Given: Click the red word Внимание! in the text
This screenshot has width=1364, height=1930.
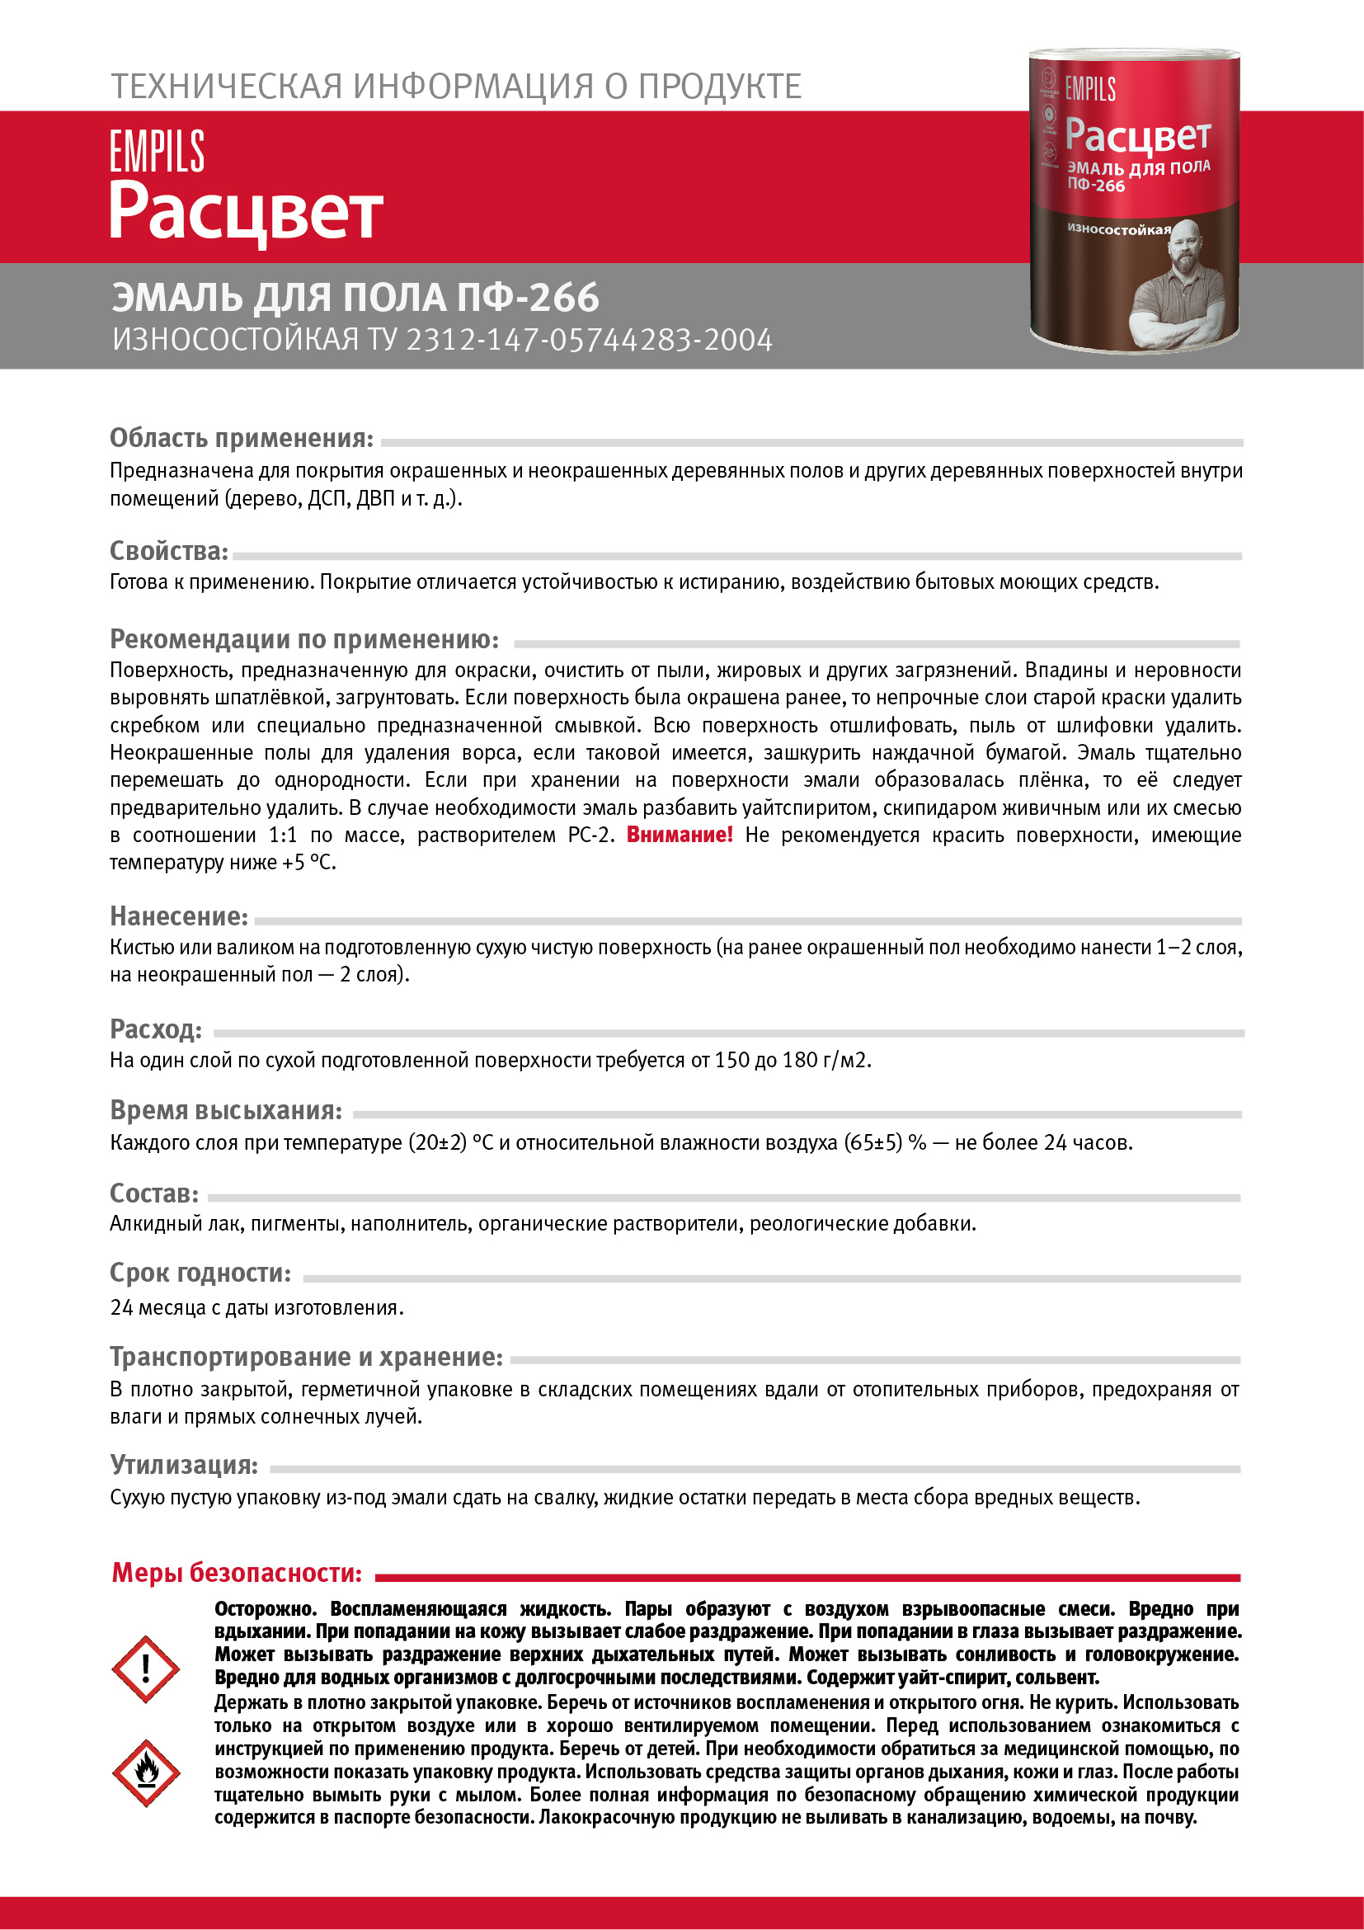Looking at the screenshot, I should click(x=679, y=835).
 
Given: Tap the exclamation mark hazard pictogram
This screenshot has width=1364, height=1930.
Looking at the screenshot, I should click(x=145, y=1669).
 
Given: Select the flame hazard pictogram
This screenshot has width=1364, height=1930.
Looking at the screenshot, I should click(x=145, y=1772).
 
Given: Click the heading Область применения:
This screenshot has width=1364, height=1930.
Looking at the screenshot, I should click(x=241, y=438).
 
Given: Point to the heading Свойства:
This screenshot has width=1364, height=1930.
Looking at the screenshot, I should click(x=169, y=551).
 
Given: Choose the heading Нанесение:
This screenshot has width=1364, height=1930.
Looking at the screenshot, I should click(x=179, y=916).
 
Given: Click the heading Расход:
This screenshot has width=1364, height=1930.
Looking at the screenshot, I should click(x=156, y=1029).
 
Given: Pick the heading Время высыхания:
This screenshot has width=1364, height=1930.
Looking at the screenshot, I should click(x=226, y=1110).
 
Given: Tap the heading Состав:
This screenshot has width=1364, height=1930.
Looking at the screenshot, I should click(x=153, y=1193).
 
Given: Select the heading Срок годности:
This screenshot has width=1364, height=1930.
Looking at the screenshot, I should click(x=200, y=1273).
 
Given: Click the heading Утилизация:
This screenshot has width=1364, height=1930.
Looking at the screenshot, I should click(x=184, y=1464).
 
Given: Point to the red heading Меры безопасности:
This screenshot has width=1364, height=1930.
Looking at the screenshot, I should click(x=237, y=1573).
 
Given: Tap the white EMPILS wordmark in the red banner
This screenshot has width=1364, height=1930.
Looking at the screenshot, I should click(x=158, y=151).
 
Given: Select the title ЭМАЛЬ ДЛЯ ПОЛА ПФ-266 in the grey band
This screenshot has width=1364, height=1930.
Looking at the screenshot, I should click(x=355, y=298).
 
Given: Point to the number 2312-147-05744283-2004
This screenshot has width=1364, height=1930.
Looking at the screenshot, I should click(x=589, y=341).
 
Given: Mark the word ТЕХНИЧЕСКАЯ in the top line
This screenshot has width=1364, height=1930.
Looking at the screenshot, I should click(x=227, y=87).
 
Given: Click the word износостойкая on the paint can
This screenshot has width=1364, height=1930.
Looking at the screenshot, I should click(x=1118, y=228).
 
